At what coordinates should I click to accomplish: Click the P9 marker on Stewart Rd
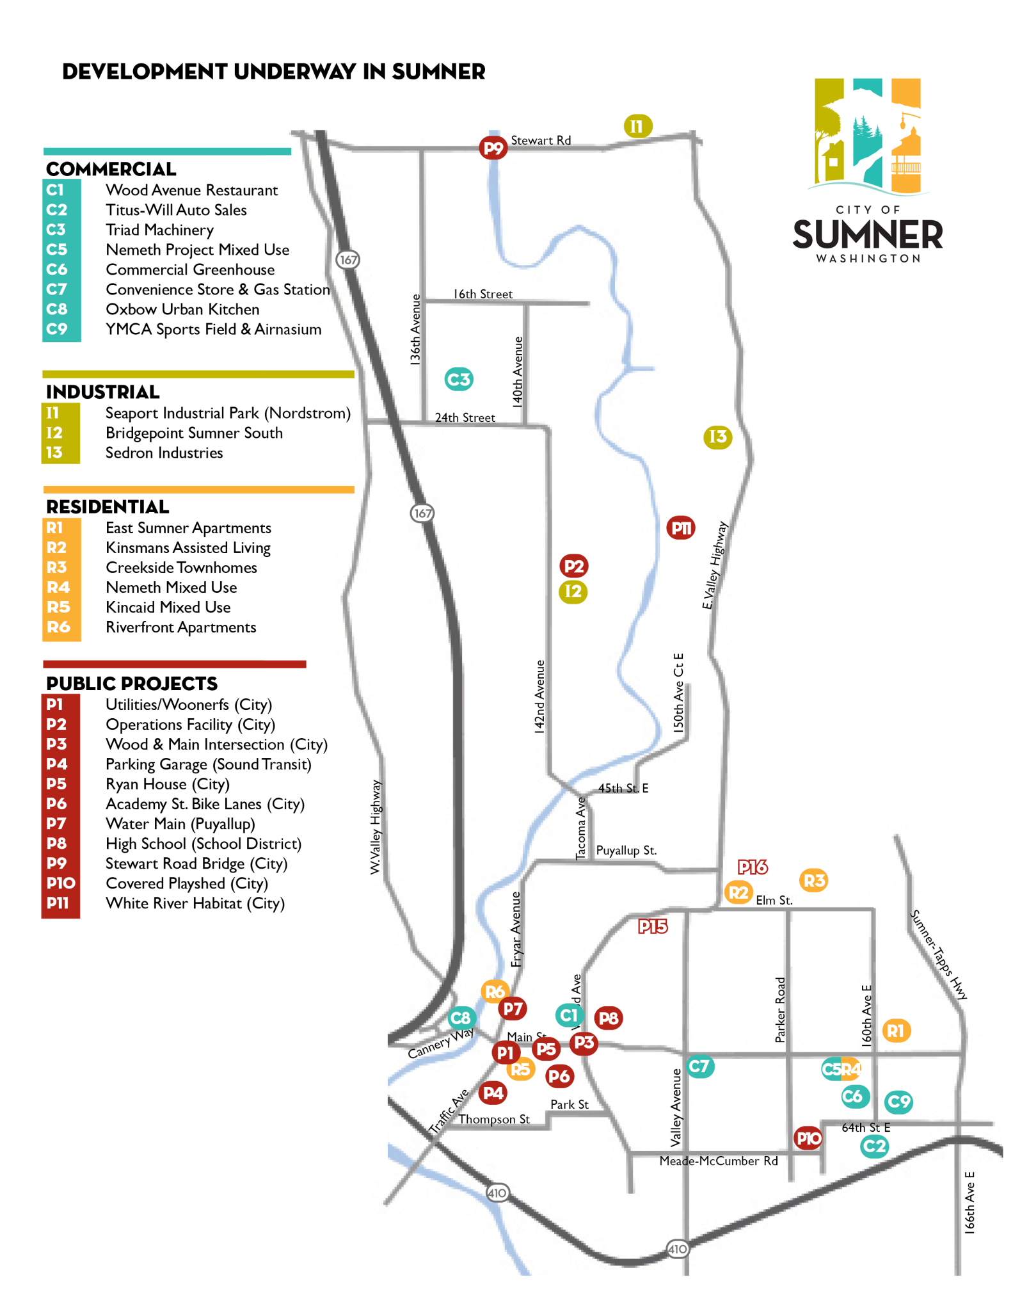pos(493,149)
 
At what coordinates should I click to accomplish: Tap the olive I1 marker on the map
pos(637,126)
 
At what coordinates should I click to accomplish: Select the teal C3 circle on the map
pos(459,380)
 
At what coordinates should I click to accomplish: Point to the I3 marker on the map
pos(718,437)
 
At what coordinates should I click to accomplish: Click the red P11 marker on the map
pos(681,528)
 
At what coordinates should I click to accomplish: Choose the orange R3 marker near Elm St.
pos(814,881)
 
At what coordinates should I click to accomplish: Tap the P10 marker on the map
pos(808,1138)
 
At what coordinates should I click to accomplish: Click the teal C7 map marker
pos(699,1066)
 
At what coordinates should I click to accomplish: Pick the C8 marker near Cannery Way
pos(461,1018)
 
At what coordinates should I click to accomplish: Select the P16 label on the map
pos(753,867)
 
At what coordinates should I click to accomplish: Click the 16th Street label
pos(483,294)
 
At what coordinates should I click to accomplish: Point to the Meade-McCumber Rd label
pos(719,1161)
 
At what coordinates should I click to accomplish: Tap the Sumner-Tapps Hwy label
pos(939,954)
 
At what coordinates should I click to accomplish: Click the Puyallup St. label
pos(626,851)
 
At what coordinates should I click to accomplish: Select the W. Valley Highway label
pos(376,826)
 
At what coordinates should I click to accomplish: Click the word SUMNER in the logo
pos(868,235)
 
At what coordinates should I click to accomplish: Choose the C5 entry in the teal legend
pos(57,250)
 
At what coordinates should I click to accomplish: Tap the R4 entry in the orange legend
pos(58,588)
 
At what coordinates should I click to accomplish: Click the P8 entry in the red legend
pos(57,844)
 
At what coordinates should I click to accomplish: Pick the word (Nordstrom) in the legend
pos(308,414)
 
